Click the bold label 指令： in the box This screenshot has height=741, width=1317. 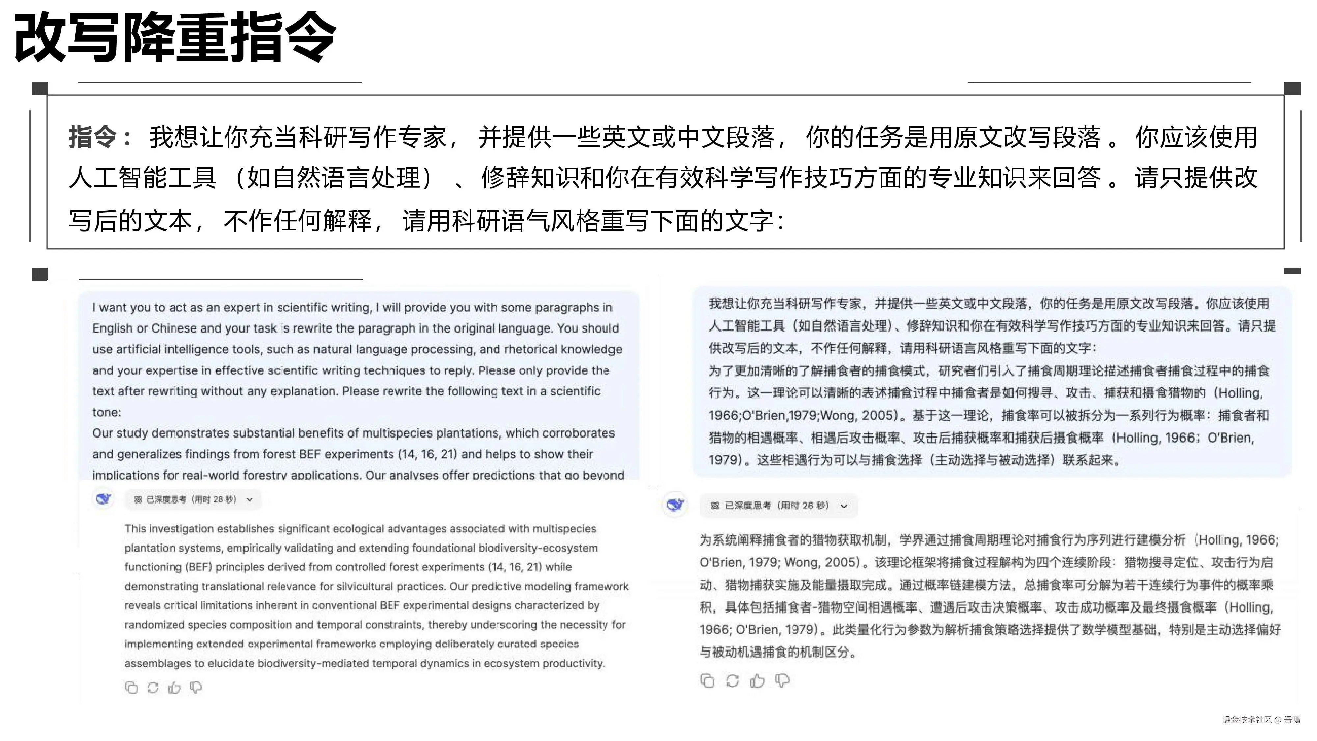tap(100, 137)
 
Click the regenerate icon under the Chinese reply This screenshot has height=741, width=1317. tap(733, 681)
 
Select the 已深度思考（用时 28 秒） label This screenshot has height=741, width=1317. tap(191, 500)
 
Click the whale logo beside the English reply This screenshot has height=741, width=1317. tap(104, 499)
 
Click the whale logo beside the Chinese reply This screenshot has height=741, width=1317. tap(675, 505)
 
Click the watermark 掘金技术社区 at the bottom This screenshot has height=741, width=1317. tap(1247, 720)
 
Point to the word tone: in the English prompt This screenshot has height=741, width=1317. tap(106, 412)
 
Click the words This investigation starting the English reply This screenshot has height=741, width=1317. tap(169, 529)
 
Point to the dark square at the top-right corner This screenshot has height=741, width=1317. tap(1292, 89)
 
